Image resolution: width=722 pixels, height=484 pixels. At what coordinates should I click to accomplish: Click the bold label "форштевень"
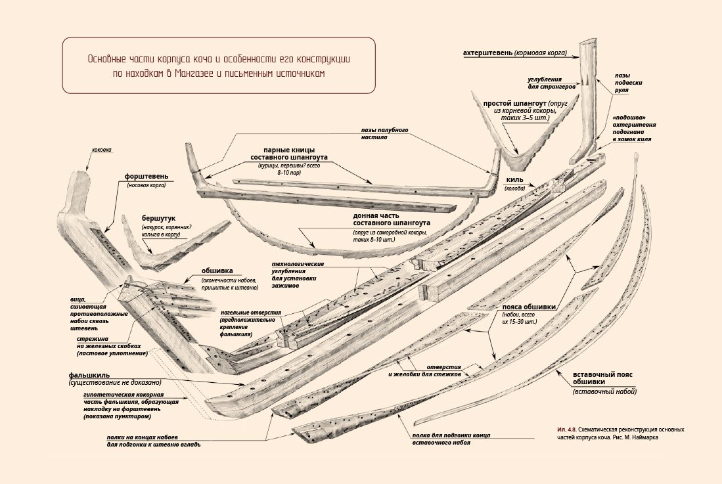[x=147, y=177]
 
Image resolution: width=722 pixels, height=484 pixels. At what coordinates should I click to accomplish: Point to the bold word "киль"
[x=514, y=179]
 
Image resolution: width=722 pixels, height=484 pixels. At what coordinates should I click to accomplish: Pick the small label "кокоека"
[x=102, y=150]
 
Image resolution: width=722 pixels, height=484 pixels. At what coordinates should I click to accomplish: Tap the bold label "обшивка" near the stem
[x=217, y=271]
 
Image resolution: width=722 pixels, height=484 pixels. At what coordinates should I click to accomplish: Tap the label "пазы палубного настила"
[x=384, y=134]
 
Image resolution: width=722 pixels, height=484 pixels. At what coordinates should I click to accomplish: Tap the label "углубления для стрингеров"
[x=553, y=81]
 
